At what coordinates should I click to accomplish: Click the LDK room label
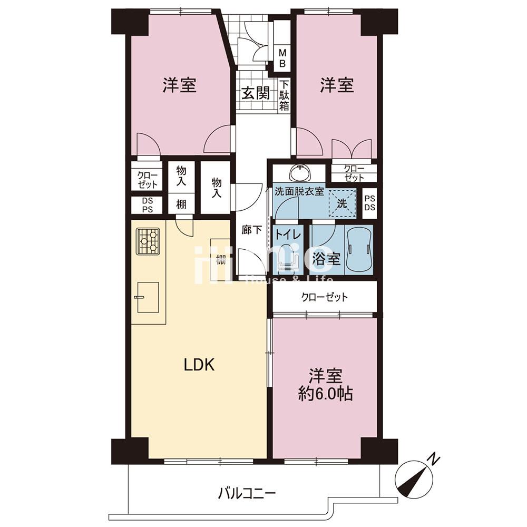coord(199,365)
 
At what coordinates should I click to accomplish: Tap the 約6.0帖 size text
coord(326,394)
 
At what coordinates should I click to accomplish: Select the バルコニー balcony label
coord(247,494)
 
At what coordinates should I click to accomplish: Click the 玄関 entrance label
coord(256,93)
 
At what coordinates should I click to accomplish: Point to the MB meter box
coord(282,58)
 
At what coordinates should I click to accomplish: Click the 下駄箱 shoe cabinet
coord(284,95)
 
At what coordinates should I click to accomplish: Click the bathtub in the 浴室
coord(359,250)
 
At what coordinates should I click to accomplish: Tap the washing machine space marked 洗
coord(342,203)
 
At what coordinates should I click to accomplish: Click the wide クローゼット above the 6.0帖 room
coord(325,297)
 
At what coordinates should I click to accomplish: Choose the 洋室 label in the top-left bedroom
coord(179,85)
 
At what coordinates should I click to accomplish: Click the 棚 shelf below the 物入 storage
coord(181,204)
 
